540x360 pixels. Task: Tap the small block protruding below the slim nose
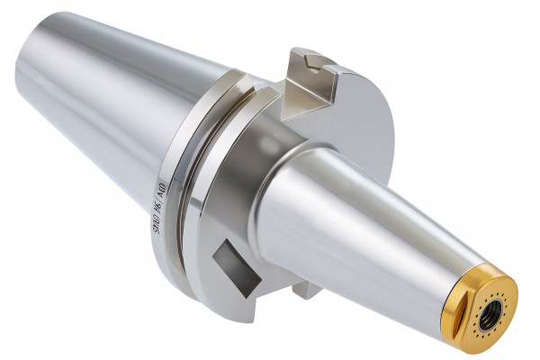[306, 290]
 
